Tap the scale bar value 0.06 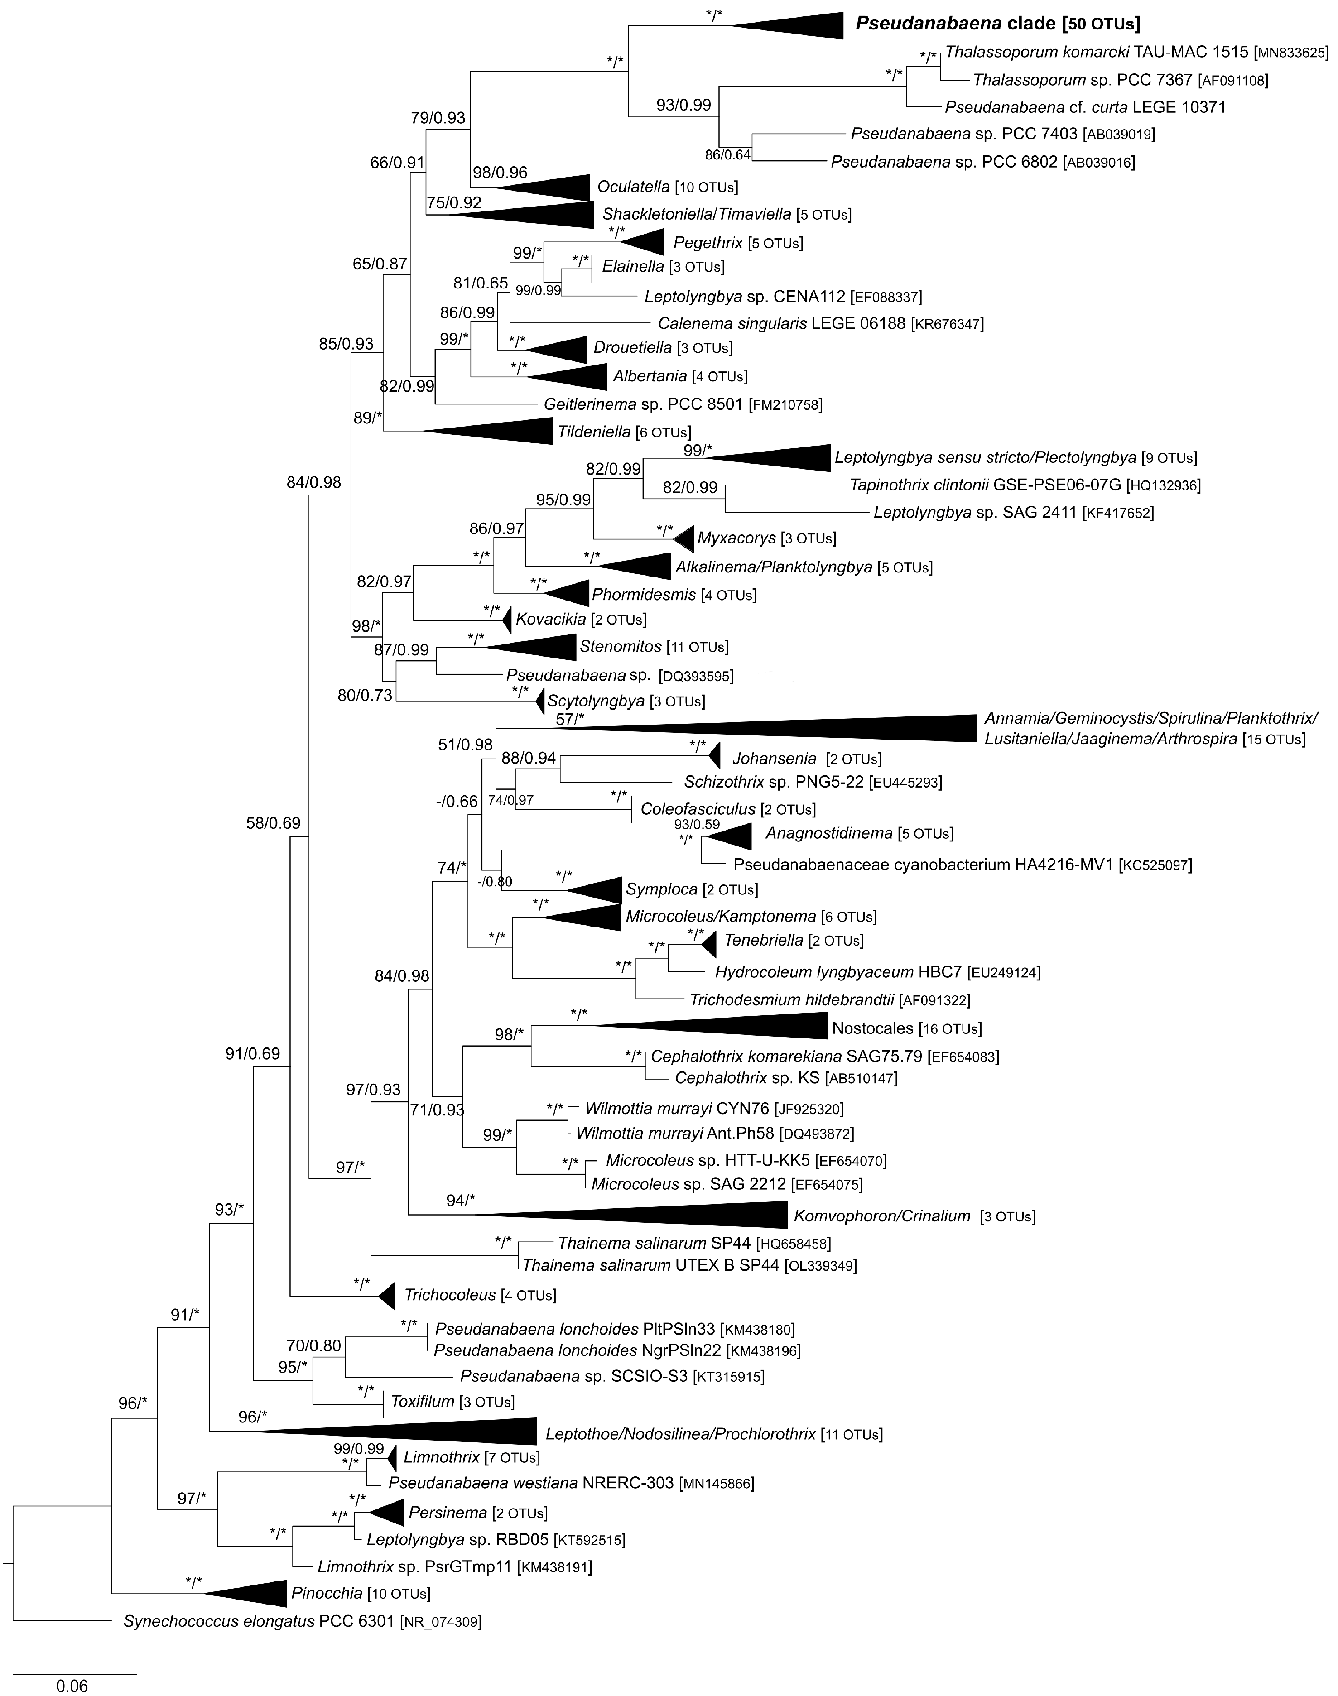72,1682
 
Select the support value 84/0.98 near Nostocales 402,976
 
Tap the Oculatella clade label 633,187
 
